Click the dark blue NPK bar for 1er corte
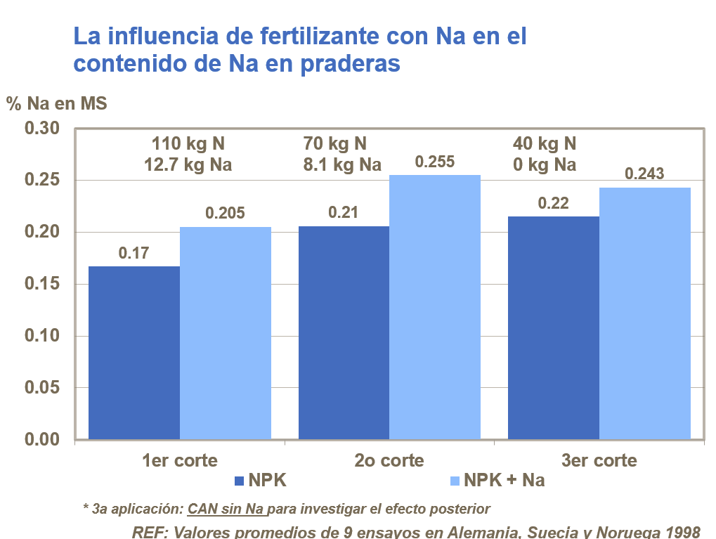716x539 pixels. click(x=134, y=353)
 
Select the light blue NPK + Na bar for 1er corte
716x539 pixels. click(x=226, y=333)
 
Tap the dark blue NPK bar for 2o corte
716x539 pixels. click(x=344, y=332)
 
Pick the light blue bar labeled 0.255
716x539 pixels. click(x=435, y=307)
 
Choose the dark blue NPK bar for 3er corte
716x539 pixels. click(x=553, y=327)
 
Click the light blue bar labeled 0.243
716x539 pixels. click(x=644, y=313)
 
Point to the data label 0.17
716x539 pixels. click(x=134, y=253)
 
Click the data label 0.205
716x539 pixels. click(x=225, y=213)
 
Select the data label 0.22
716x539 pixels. click(x=553, y=203)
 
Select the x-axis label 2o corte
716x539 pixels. click(x=389, y=461)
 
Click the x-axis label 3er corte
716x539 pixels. click(x=599, y=461)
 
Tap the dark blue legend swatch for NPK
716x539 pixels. click(x=238, y=481)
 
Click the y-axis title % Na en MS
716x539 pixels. click(x=56, y=104)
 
